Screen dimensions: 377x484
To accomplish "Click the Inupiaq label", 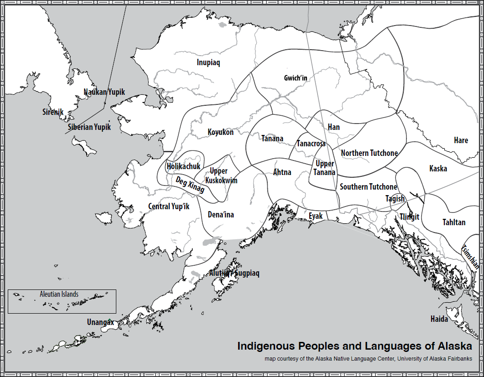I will [208, 62].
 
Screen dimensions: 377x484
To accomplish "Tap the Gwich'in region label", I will [296, 78].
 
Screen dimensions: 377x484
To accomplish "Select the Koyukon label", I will [221, 132].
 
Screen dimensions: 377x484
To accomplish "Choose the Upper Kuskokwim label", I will [221, 176].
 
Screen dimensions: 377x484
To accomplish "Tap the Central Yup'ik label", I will [168, 207].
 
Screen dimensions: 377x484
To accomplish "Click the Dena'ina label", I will [221, 214].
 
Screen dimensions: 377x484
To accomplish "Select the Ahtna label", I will [282, 172].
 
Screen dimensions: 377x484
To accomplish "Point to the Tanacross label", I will [311, 144].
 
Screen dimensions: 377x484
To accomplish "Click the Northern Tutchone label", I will [369, 153].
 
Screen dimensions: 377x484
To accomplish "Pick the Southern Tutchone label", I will [368, 186].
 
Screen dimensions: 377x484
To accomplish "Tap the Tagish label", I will [395, 199].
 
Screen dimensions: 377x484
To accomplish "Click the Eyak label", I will [316, 216].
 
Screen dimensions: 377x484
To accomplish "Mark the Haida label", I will [439, 319].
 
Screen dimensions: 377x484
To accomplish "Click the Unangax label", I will [100, 322].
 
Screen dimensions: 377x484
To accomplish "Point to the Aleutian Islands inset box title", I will [59, 294].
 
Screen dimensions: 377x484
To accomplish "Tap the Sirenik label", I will [52, 112].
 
